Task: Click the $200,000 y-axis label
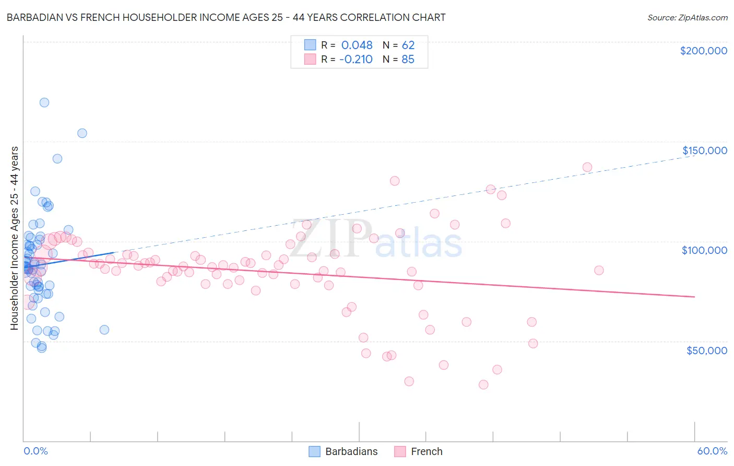click(703, 51)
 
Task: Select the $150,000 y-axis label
click(704, 150)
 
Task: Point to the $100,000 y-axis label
click(704, 250)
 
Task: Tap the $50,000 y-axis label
click(706, 351)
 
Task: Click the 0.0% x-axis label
click(35, 451)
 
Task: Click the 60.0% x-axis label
click(712, 451)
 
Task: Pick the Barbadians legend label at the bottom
click(351, 451)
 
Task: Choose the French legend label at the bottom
click(427, 451)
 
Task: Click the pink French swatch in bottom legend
click(400, 451)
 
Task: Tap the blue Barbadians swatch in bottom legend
click(314, 451)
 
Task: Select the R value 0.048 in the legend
click(357, 45)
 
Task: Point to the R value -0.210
click(356, 59)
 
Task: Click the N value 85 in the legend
click(408, 59)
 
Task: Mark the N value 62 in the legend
click(408, 45)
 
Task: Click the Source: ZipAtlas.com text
click(687, 17)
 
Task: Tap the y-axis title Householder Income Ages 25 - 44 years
click(14, 238)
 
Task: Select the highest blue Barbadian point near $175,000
click(44, 102)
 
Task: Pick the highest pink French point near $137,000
click(587, 167)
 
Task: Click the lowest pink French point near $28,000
click(483, 385)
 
